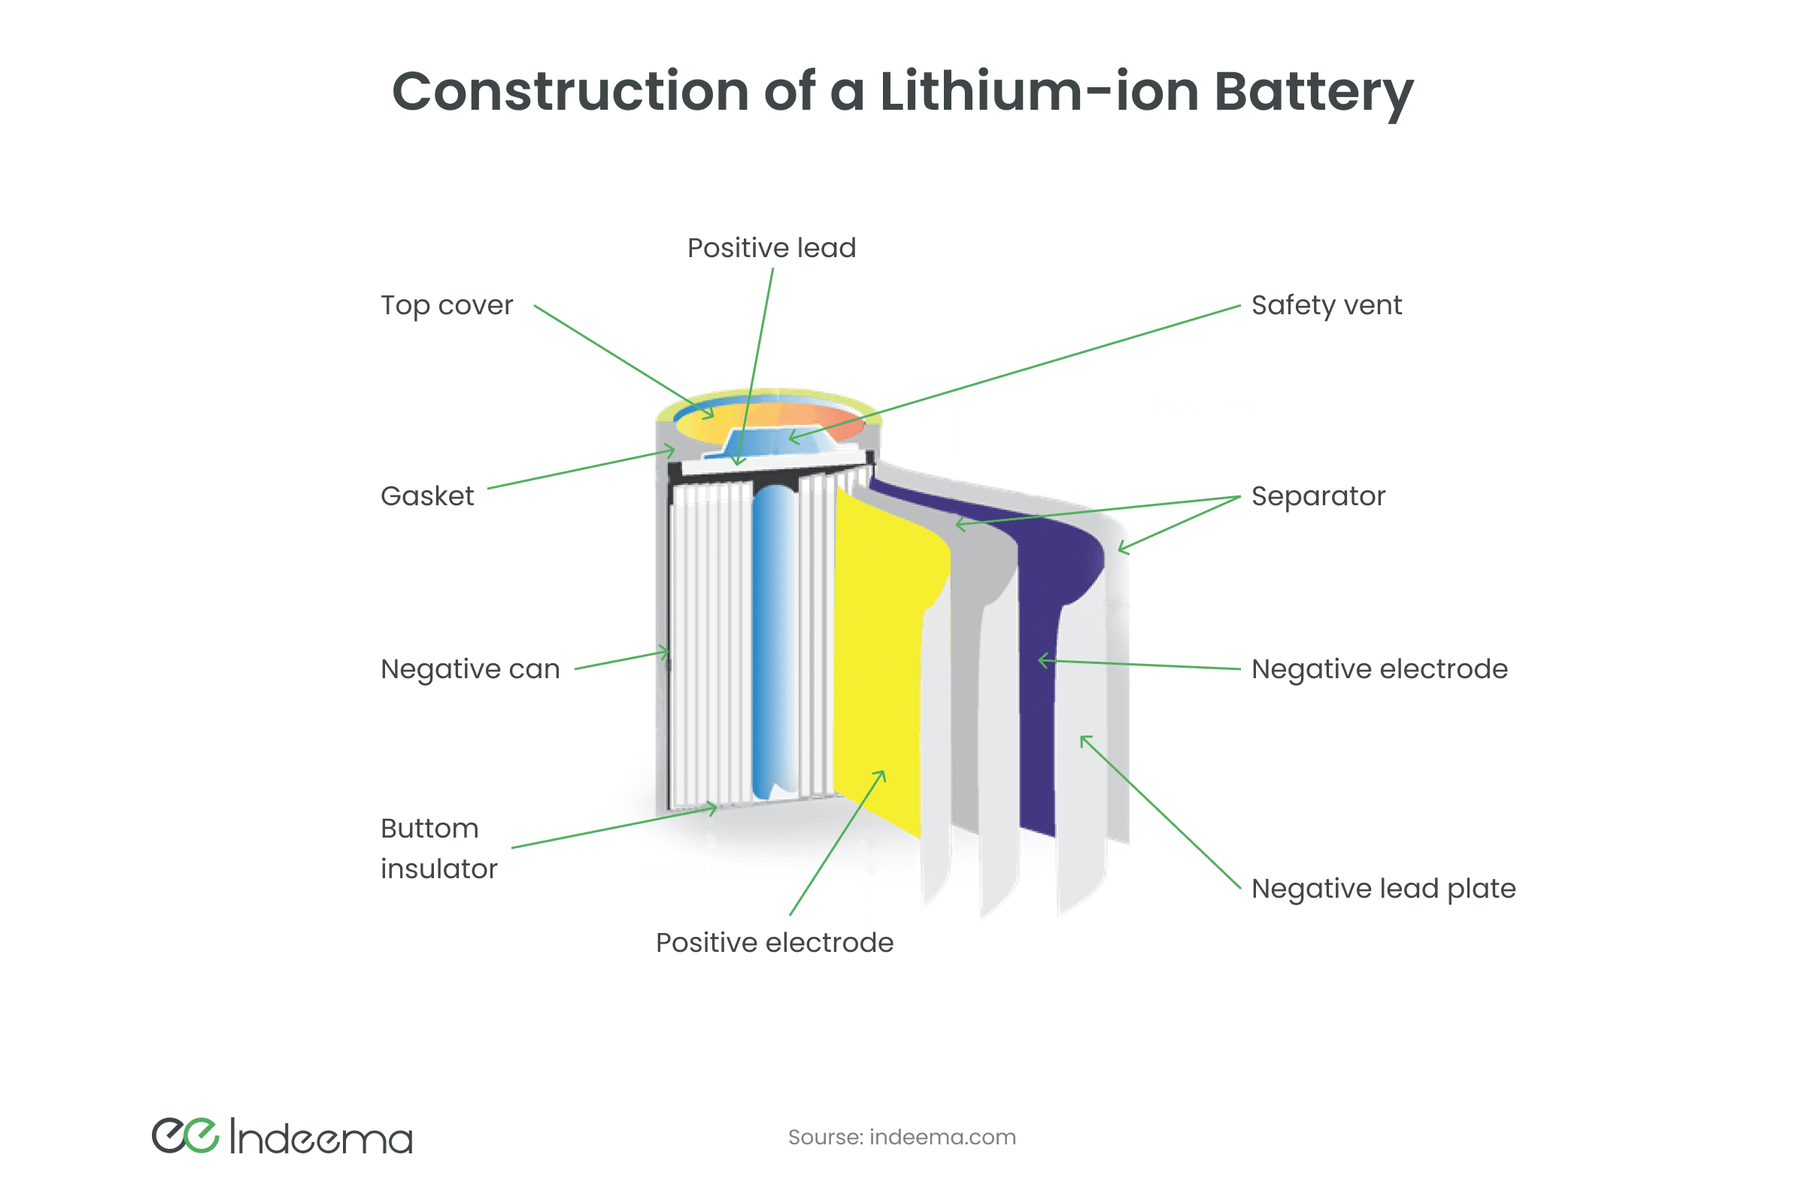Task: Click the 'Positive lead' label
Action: [x=772, y=249]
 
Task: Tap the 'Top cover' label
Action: [x=447, y=305]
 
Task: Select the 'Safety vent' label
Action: [x=1326, y=305]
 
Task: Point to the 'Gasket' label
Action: [x=427, y=496]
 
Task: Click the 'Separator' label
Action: [x=1318, y=496]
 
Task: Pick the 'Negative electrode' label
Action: [x=1379, y=669]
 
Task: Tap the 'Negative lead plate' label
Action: [x=1384, y=889]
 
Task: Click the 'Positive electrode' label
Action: [x=775, y=943]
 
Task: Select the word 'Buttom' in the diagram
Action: [x=429, y=829]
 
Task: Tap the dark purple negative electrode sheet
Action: [x=1038, y=690]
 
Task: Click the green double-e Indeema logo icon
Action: [x=185, y=1136]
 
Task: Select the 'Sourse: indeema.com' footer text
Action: [x=902, y=1137]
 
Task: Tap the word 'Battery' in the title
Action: [x=1314, y=92]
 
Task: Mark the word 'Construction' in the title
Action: [x=570, y=92]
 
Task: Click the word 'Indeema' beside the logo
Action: [x=322, y=1138]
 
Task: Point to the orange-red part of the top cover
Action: [x=833, y=422]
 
